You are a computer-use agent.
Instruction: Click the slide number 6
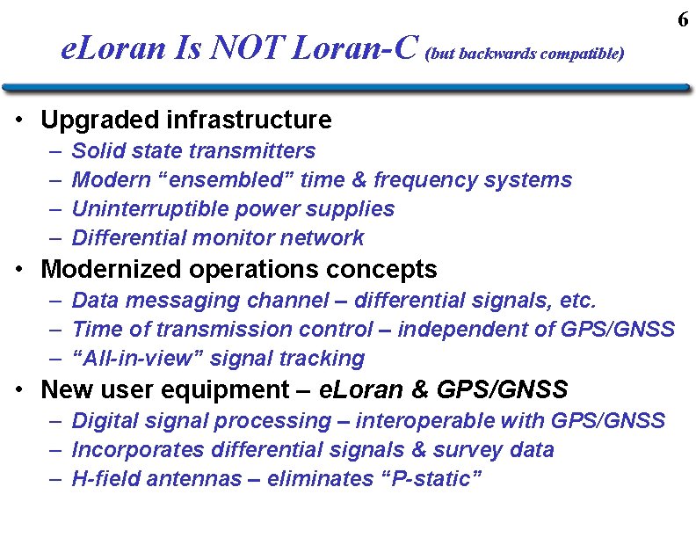pyautogui.click(x=683, y=19)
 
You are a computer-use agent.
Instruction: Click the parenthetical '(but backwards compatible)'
pyautogui.click(x=525, y=54)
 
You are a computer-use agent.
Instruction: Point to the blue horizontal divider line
pyautogui.click(x=346, y=88)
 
